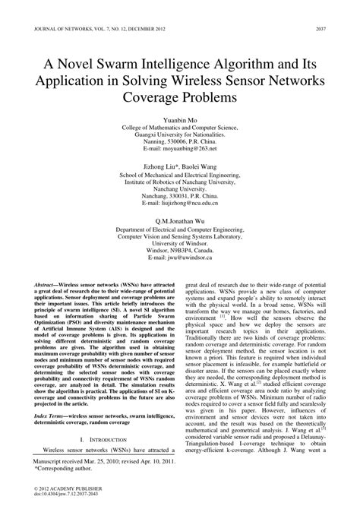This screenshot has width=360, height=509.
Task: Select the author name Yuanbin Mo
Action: [x=180, y=120]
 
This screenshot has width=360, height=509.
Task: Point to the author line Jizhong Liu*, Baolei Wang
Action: [x=180, y=163]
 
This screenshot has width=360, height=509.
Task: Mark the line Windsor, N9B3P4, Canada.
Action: [x=180, y=248]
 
